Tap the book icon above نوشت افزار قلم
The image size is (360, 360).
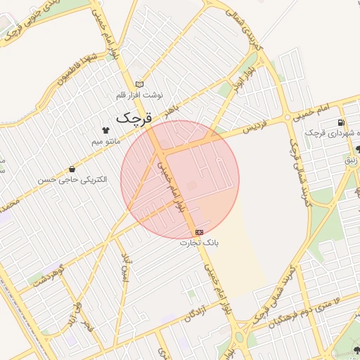[x=139, y=84]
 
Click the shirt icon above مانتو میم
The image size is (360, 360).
[x=106, y=130]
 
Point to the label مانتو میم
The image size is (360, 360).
[x=106, y=141]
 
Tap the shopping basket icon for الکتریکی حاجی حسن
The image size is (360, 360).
[x=73, y=169]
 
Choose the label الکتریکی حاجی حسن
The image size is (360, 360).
[x=73, y=180]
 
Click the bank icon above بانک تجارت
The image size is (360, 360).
[x=200, y=231]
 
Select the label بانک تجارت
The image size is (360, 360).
[x=200, y=243]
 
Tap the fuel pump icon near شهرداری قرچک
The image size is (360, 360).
[x=341, y=124]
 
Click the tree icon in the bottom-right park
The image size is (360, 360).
[x=356, y=350]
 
